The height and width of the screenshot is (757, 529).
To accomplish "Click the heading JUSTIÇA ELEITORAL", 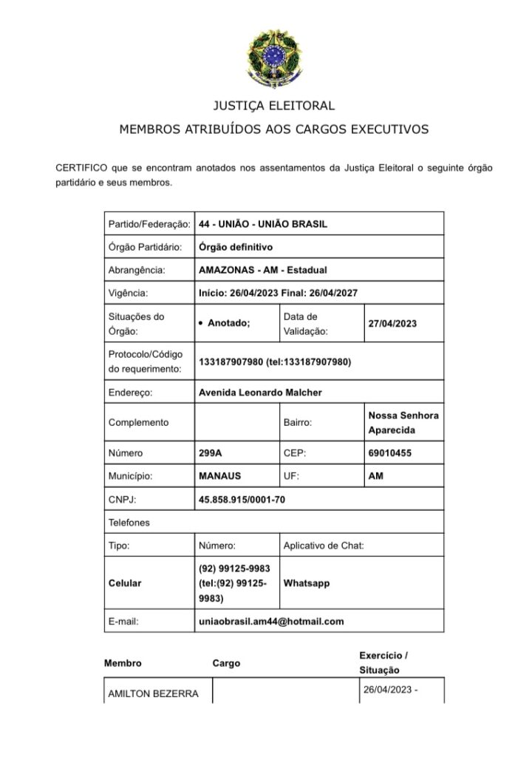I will pos(273,106).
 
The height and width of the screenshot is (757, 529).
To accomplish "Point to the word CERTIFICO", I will pos(81,168).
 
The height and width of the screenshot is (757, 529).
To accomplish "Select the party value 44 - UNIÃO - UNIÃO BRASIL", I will pos(263,223).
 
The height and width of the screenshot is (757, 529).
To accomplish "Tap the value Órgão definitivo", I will pos(236,247).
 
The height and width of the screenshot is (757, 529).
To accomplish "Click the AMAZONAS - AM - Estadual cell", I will pos(262,270).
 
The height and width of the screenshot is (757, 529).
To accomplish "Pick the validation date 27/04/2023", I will pos(392,323).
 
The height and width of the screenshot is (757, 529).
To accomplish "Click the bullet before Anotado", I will pos(202,324).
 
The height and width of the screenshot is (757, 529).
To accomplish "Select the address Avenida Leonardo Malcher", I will pos(260,393).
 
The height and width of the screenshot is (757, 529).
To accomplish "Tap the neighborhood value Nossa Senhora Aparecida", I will pos(403,422).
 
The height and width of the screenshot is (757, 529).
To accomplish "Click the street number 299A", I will pos(211,452).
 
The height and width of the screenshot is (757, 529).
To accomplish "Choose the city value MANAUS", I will pos(219,476).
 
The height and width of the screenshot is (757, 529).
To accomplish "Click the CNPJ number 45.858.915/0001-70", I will pos(242,500).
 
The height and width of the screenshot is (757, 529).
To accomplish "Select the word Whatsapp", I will pos(307,583).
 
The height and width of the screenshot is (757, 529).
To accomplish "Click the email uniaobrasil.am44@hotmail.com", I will pos(271,621).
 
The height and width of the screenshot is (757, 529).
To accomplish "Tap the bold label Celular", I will pos(125,583).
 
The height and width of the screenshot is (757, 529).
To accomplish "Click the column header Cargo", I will pos(226,663).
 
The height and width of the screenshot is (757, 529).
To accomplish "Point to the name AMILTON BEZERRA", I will pos(153,693).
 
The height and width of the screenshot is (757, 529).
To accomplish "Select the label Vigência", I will pos(129,293).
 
